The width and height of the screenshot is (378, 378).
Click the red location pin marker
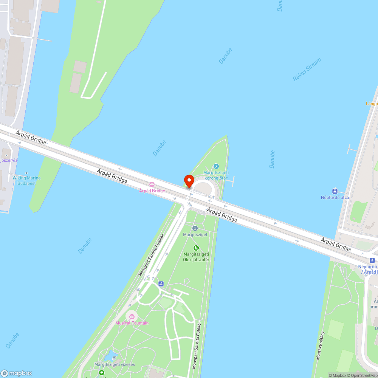tap(189, 181)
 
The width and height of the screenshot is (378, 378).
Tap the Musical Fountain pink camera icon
tap(132, 316)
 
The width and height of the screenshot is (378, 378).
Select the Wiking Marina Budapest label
tap(26, 180)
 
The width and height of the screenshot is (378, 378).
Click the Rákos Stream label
tap(307, 70)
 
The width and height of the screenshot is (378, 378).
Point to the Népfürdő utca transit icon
tap(335, 191)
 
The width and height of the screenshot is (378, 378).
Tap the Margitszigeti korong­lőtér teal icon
tap(216, 166)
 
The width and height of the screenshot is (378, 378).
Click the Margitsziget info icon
tap(195, 228)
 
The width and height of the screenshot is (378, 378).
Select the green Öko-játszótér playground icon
tap(196, 248)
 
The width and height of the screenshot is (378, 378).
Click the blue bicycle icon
tap(161, 283)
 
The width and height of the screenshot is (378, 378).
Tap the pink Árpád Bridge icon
tap(152, 184)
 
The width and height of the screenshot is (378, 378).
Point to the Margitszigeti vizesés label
tap(115, 364)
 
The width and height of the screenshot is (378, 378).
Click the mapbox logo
tap(17, 373)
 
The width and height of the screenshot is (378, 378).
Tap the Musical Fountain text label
tap(132, 323)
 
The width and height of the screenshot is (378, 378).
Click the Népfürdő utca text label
tap(335, 197)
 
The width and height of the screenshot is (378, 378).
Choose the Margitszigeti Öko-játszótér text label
tap(196, 257)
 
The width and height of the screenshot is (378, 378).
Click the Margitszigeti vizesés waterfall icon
tap(115, 358)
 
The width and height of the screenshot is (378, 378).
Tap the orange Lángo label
tap(372, 103)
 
